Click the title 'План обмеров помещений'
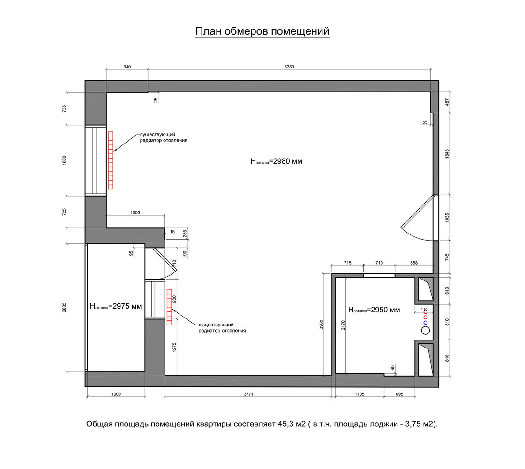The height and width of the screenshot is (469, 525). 262,31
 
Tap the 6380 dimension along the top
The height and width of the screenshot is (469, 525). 289,67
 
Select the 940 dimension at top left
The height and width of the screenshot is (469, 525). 127,67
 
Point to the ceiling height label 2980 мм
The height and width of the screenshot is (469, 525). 276,161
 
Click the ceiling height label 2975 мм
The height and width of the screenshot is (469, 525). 116,306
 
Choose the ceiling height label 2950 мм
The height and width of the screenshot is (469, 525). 375,310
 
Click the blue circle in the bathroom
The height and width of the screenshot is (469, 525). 426,323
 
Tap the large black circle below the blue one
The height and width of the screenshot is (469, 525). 425,331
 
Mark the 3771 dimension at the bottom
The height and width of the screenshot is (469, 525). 248,394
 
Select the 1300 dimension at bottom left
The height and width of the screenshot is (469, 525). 116,394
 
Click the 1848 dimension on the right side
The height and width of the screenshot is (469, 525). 447,154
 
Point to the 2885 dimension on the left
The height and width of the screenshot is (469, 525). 64,308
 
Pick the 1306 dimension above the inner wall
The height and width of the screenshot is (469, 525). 135,213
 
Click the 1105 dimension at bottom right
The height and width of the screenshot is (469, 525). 359,394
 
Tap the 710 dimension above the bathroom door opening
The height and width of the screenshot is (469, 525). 379,263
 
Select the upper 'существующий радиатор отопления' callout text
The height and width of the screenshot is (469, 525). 164,137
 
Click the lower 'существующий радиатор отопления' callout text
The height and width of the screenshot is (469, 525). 222,328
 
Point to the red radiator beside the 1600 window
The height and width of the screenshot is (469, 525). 111,160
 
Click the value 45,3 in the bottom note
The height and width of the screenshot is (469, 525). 285,424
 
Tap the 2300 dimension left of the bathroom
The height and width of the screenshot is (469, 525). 322,325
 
